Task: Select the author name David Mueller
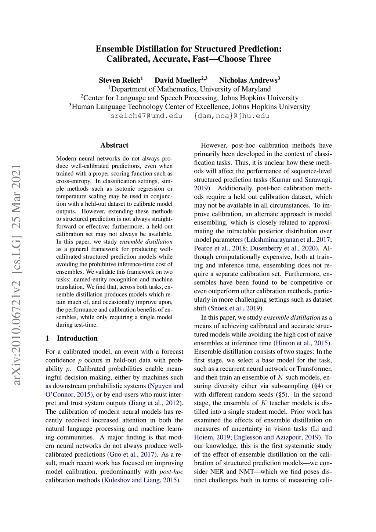click(x=178, y=80)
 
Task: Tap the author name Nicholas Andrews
click(x=248, y=80)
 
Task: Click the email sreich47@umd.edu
click(x=146, y=116)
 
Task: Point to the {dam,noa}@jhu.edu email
click(x=231, y=116)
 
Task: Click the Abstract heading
click(x=114, y=145)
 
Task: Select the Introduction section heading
click(x=77, y=338)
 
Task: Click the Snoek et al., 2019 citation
click(x=235, y=308)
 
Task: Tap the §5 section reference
click(x=281, y=395)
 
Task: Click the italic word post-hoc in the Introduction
click(x=171, y=472)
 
